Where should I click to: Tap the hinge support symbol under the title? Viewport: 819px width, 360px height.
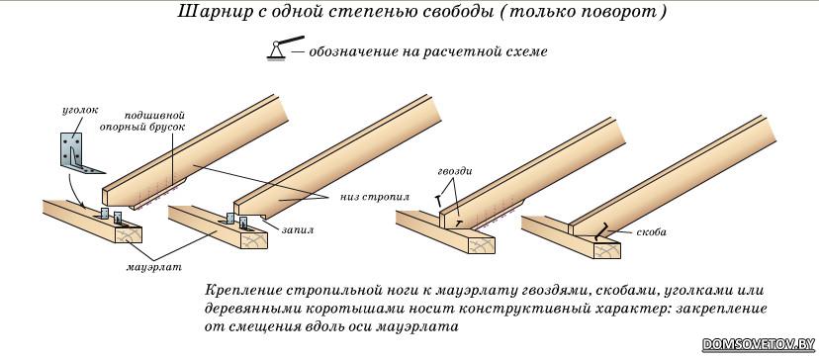click(285, 47)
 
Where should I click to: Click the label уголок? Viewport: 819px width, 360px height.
click(80, 111)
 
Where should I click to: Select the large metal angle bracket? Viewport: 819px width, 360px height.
click(78, 152)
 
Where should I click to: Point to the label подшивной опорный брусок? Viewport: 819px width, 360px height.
click(155, 121)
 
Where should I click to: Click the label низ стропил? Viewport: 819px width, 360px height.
click(375, 197)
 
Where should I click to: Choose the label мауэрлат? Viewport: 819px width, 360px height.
click(154, 267)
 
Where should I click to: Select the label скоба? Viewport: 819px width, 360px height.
click(650, 232)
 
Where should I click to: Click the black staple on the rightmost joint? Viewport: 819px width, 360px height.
click(602, 231)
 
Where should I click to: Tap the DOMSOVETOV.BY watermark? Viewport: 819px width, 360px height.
click(759, 344)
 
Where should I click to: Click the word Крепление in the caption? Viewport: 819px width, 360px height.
click(236, 290)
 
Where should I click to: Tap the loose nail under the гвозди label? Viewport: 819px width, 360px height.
click(436, 200)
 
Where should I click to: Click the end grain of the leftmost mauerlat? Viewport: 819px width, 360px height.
click(128, 236)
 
